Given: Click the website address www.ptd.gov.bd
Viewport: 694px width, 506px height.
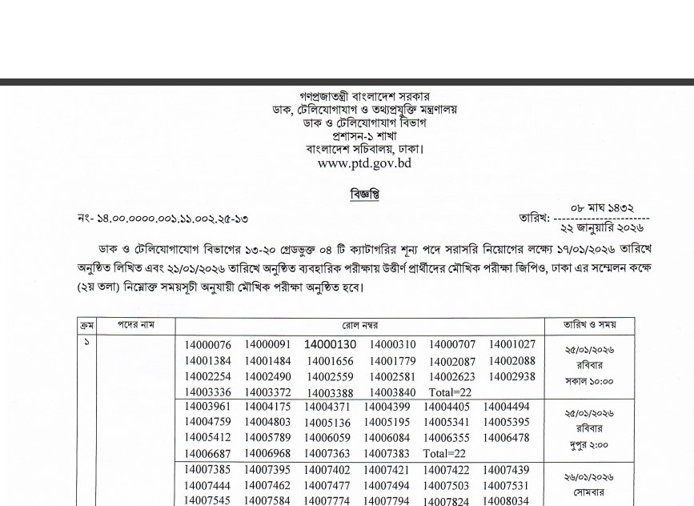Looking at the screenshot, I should point(364,163).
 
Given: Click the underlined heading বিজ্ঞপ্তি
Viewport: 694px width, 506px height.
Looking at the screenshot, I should point(364,194).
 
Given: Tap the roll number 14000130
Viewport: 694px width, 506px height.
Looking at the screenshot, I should point(330,345).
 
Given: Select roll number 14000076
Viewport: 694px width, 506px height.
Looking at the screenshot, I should point(207,345).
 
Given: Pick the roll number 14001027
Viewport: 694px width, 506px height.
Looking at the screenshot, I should point(512,345).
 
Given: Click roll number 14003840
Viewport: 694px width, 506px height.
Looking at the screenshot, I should point(392,392).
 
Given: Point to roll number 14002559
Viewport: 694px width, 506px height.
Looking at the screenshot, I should point(330,377).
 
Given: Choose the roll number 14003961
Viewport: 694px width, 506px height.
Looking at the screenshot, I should point(207,408).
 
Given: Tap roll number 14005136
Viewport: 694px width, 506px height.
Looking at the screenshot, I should point(327,424).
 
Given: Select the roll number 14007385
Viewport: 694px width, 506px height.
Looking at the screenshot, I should point(207,470).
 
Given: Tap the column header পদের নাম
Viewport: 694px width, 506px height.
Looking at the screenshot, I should point(136,326).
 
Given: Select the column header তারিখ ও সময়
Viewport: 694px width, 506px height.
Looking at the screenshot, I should point(588,326).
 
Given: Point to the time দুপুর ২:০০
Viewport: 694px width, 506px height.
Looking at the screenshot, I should point(588,445).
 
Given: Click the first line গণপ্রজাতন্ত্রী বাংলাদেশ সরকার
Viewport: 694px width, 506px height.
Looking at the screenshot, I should point(364,97).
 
